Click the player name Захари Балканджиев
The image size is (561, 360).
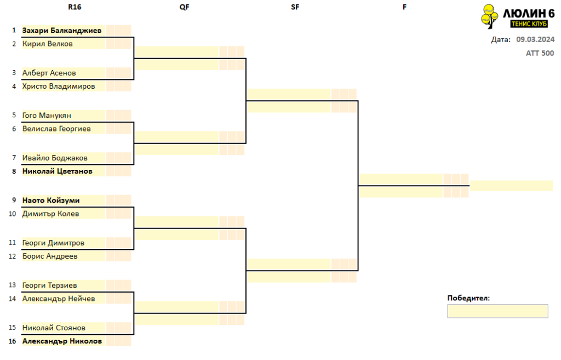click(61, 31)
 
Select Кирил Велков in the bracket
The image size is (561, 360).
click(47, 44)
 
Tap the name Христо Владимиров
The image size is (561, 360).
click(58, 86)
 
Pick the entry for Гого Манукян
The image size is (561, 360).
click(47, 115)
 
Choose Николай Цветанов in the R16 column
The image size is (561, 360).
click(57, 171)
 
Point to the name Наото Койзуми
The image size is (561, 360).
click(51, 201)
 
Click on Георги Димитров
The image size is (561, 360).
click(53, 243)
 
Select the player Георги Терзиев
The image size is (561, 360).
click(49, 285)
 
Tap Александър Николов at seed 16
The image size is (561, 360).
click(62, 341)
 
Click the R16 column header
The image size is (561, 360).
click(75, 7)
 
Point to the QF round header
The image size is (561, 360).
click(184, 7)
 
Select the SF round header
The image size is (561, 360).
click(295, 7)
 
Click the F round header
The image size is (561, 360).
click(405, 7)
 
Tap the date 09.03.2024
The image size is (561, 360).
click(535, 39)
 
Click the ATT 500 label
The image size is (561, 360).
click(540, 53)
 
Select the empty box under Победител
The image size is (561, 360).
click(497, 311)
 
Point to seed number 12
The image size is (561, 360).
click(13, 256)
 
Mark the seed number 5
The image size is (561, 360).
click(14, 115)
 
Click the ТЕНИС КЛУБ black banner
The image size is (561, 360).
click(529, 24)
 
